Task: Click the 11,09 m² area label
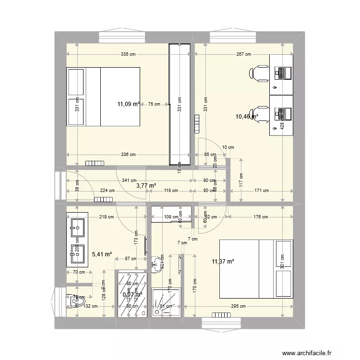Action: coord(129,103)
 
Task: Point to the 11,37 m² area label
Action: coord(223,262)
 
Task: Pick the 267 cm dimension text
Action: coord(244,54)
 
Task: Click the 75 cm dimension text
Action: coord(154,104)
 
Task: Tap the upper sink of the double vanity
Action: coord(77,225)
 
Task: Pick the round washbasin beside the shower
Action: coord(156,263)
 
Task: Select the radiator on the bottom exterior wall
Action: coord(221,315)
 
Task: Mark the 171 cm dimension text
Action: coord(262,190)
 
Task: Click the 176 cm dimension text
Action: coord(260,217)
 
